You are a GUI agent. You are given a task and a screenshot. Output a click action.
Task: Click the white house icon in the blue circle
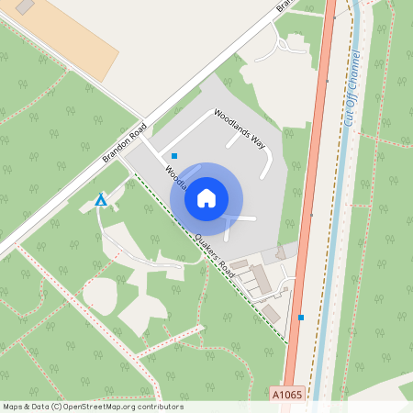click(206, 197)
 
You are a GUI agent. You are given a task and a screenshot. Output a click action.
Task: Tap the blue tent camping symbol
click(101, 199)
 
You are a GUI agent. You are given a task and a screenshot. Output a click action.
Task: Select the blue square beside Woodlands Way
click(174, 156)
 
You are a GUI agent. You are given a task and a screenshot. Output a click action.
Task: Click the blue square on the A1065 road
click(300, 318)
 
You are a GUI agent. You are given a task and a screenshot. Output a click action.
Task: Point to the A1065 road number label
click(285, 393)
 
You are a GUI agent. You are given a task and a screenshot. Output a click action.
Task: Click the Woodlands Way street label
click(239, 128)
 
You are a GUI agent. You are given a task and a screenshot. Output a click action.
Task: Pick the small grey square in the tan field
click(25, 6)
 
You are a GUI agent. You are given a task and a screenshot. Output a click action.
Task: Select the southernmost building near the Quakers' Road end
click(271, 313)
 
